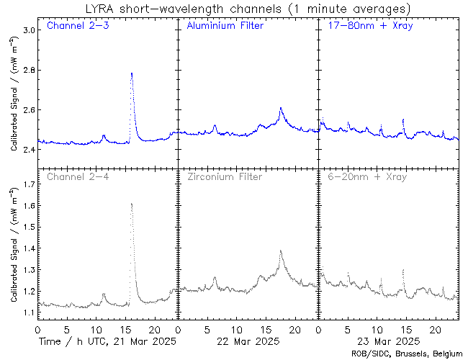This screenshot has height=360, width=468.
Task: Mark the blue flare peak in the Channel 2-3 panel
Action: (x=131, y=73)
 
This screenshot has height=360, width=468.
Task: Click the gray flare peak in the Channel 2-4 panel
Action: (x=131, y=204)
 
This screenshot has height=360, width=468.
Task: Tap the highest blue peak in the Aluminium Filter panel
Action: (x=280, y=108)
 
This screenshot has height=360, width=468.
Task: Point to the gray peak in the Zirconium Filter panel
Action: (x=280, y=251)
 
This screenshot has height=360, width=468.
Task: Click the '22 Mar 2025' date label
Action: (x=247, y=341)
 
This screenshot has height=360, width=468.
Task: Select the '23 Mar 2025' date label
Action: (x=387, y=341)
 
